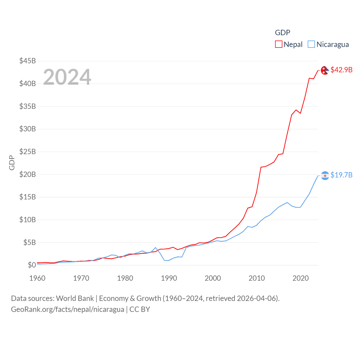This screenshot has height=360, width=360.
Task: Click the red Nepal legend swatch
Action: pos(278,44)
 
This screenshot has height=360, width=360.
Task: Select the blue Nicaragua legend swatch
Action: pos(311,44)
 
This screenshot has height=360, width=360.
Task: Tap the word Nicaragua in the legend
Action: pos(332,44)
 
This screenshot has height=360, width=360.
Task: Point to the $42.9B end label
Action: pos(341,70)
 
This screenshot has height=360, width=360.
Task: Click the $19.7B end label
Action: pos(341,175)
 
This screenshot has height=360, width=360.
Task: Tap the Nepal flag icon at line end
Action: pos(325,70)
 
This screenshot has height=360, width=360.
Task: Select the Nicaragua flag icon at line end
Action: pos(325,176)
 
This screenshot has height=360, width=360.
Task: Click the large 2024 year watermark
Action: pos(67,77)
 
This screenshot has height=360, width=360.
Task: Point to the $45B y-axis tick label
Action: pos(28,61)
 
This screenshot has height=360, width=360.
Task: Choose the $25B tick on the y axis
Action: pos(28,152)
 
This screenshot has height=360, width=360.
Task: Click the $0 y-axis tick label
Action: pos(32,265)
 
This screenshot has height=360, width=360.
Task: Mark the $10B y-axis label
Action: pos(28,220)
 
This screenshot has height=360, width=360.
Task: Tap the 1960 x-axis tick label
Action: pos(37,278)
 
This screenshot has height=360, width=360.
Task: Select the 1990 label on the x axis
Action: pos(169,278)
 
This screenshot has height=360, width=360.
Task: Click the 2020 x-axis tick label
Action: pos(301,278)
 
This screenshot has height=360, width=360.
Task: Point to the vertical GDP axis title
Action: pos(12,163)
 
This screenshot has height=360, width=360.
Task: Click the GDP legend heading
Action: pos(282,33)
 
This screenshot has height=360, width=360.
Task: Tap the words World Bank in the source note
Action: pos(75,298)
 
